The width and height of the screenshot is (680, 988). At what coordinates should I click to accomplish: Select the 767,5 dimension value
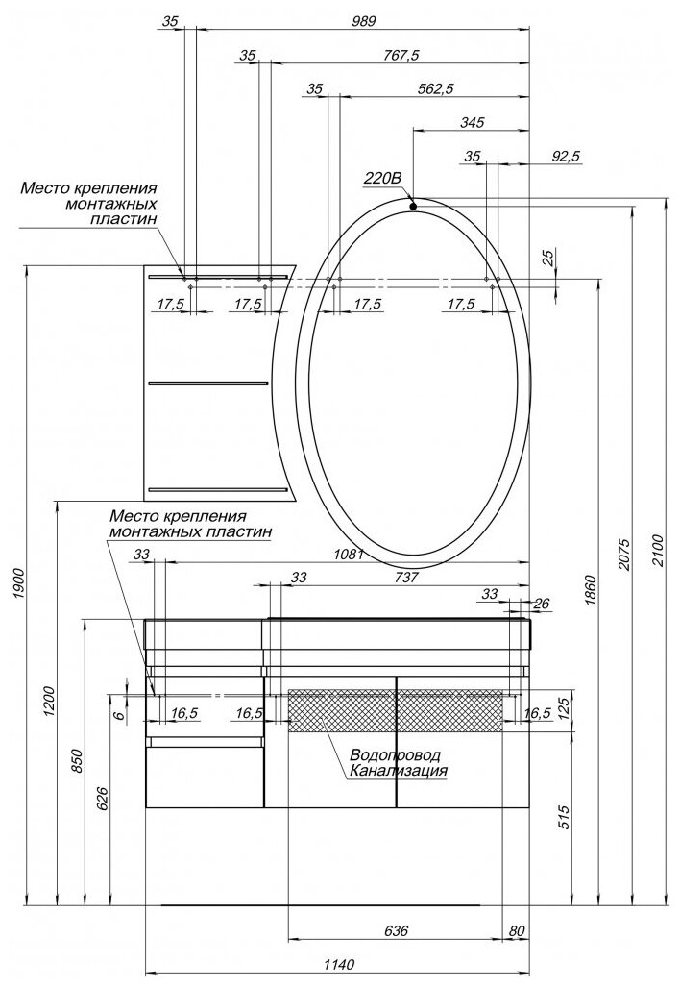[401, 56]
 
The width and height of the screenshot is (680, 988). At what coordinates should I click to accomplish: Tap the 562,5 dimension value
[435, 89]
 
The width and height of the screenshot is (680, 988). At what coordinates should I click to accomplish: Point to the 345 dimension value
[472, 122]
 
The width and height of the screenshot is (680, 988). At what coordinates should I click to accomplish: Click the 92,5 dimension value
[514, 156]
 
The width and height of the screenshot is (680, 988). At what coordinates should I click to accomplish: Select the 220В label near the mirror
[381, 178]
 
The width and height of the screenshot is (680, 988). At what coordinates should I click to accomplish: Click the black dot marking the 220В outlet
[412, 205]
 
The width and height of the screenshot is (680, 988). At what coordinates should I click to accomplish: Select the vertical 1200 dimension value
[50, 703]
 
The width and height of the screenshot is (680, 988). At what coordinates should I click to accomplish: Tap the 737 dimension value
[407, 578]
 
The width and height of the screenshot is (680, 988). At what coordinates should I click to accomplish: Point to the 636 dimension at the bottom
[397, 931]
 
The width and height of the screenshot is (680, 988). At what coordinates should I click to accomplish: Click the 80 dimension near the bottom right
[519, 931]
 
